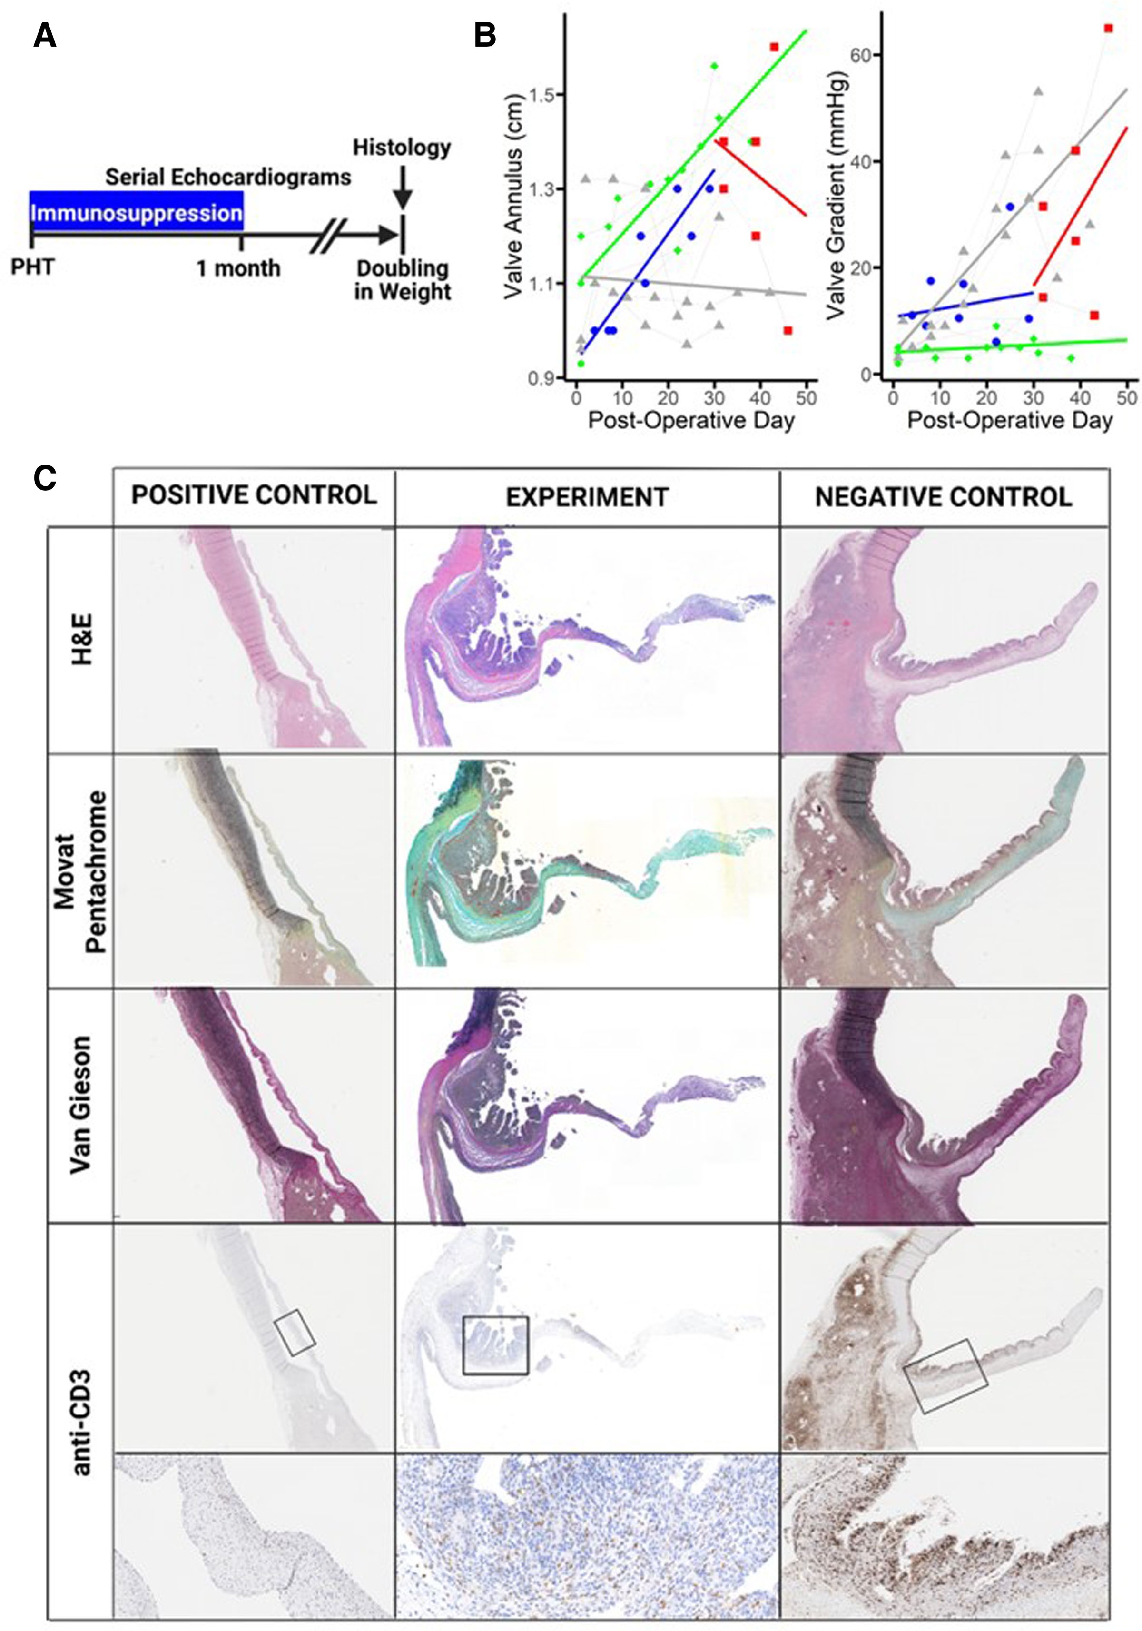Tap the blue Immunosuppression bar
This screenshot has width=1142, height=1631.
[x=137, y=212]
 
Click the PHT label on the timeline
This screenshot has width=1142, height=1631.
[x=33, y=268]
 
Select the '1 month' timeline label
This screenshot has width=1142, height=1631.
[x=238, y=268]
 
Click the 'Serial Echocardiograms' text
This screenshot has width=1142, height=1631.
[x=228, y=177]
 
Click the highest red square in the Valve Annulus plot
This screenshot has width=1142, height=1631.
[x=773, y=47]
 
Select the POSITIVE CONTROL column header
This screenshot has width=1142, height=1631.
[x=254, y=495]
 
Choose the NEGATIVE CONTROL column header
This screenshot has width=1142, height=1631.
[x=943, y=497]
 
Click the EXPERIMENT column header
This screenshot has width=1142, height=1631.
[x=587, y=497]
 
